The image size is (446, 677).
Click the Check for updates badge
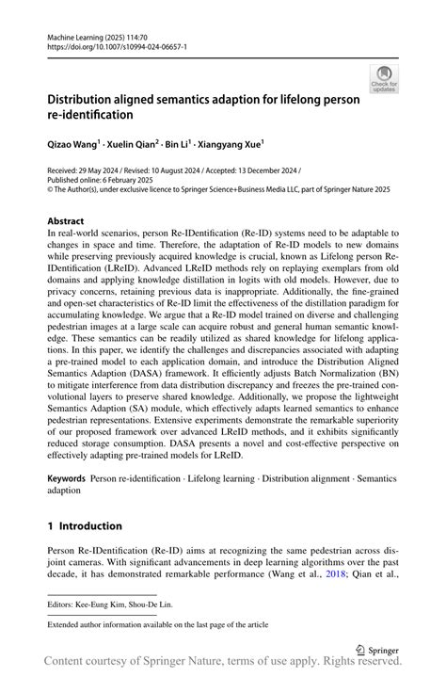pyautogui.click(x=384, y=78)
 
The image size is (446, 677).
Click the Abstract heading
pyautogui.click(x=66, y=220)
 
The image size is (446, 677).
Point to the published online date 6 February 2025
pyautogui.click(x=123, y=179)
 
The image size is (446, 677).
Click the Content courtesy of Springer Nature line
pyautogui.click(x=223, y=665)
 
